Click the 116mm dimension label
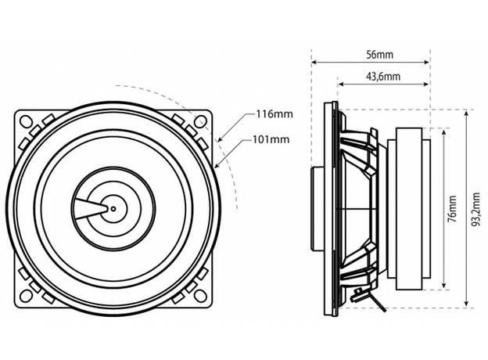(x=274, y=114)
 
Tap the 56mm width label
(x=379, y=55)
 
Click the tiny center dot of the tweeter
(x=113, y=208)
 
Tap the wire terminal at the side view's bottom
(x=361, y=297)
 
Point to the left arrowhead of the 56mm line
(x=314, y=63)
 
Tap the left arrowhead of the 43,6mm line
(x=340, y=85)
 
